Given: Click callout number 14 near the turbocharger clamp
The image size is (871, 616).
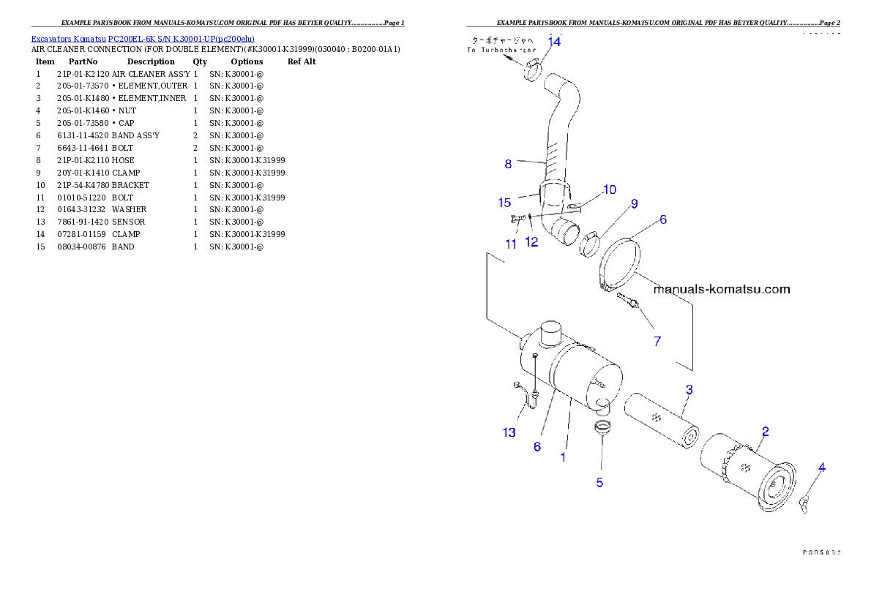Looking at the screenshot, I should [x=554, y=42].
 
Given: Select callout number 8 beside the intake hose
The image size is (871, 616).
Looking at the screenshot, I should [x=508, y=164].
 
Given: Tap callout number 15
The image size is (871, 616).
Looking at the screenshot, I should [x=504, y=202].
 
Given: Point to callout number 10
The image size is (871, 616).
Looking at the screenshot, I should [x=610, y=189].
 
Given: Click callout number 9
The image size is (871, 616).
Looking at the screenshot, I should [x=634, y=203].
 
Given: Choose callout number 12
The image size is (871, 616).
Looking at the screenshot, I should [x=531, y=242].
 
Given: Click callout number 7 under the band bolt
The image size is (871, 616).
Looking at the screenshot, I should [x=657, y=340].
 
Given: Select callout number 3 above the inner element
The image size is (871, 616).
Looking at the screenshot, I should [x=689, y=389].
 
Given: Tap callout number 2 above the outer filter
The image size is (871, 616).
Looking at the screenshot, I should [x=765, y=431].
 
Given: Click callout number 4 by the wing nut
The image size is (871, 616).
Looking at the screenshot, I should [x=822, y=467].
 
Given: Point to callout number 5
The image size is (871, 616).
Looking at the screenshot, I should [x=599, y=482].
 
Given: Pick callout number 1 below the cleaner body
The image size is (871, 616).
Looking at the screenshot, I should [x=563, y=457].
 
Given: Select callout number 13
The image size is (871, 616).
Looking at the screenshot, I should [x=509, y=432].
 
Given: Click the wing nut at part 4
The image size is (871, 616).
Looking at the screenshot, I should [x=807, y=501].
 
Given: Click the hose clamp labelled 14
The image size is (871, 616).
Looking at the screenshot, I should [x=533, y=71].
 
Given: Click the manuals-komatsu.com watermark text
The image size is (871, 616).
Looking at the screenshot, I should [x=721, y=289].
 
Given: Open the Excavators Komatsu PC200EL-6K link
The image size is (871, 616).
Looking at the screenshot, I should [x=143, y=39].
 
